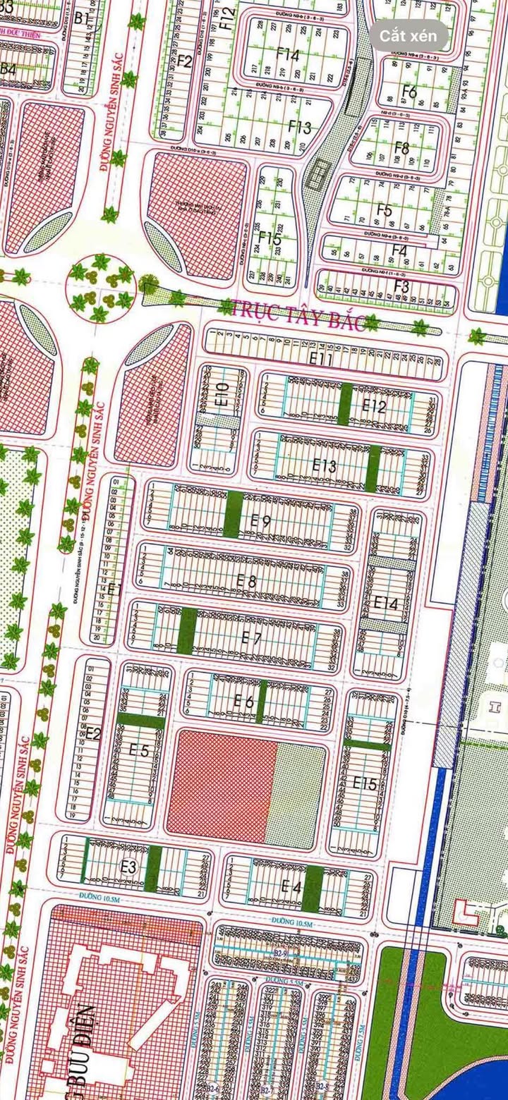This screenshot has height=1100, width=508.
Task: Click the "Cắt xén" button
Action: (408, 35)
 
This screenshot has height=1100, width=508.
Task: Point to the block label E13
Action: (325, 465)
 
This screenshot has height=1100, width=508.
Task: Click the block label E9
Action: (260, 521)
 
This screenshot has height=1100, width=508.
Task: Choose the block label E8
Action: (246, 580)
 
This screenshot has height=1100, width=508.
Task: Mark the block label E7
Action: (251, 637)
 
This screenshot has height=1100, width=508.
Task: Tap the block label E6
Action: (244, 700)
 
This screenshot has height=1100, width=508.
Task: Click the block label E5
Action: (139, 750)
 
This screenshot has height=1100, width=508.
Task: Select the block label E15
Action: (365, 783)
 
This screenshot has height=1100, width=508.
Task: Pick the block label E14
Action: (386, 603)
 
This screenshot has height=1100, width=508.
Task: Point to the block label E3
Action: (128, 867)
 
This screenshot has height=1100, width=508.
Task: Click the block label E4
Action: (291, 886)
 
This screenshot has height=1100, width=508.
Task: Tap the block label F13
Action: (300, 128)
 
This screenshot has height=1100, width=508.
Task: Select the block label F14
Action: (288, 54)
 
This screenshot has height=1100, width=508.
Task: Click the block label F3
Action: (401, 286)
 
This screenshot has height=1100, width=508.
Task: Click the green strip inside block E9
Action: (234, 513)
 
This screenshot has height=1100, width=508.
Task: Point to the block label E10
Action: (222, 393)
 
